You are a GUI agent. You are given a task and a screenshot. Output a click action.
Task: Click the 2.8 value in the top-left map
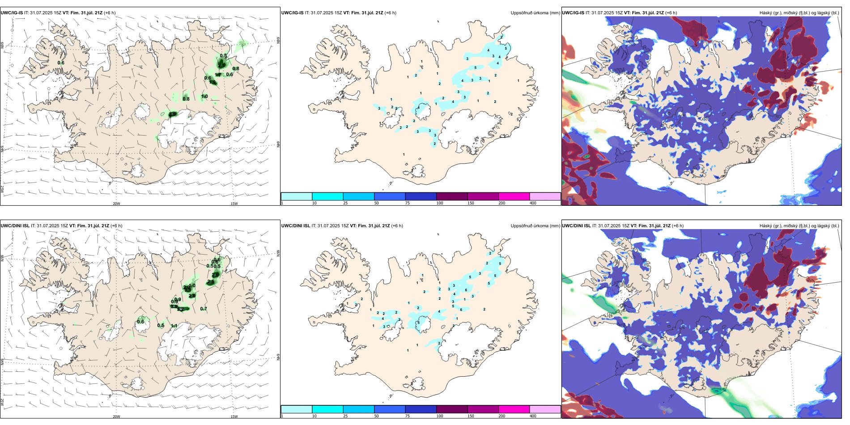[x=173, y=115]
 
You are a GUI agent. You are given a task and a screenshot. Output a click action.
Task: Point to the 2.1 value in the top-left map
[x=221, y=65]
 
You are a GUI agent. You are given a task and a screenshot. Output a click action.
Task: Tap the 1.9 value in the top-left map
[x=212, y=82]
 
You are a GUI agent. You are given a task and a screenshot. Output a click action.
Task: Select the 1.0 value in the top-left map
[x=204, y=97]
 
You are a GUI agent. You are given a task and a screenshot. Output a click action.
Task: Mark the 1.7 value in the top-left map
[x=218, y=75]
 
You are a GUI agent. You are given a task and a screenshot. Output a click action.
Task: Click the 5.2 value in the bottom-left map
[x=180, y=309]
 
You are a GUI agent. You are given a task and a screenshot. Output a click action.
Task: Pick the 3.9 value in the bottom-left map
[x=174, y=306]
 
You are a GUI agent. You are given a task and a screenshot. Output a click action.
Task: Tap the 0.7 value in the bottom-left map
[x=204, y=309]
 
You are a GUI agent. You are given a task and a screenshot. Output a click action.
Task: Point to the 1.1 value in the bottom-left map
[x=174, y=326]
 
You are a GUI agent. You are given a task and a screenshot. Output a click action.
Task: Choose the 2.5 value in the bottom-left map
[x=211, y=282]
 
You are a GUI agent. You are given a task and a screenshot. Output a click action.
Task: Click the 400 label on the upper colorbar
[x=533, y=203]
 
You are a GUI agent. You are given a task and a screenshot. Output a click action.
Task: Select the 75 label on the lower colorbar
[x=408, y=416]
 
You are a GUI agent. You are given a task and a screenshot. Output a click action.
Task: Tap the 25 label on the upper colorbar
[x=345, y=203]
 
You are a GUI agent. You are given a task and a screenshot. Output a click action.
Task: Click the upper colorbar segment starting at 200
[x=514, y=196]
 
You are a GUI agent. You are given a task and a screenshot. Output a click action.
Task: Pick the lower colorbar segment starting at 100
[x=452, y=409]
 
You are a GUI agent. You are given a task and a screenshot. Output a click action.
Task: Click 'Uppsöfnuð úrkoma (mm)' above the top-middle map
[x=535, y=13]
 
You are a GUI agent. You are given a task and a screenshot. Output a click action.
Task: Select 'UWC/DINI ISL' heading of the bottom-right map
[x=576, y=226]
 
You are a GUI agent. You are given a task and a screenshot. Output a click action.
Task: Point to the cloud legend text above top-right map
[x=799, y=13]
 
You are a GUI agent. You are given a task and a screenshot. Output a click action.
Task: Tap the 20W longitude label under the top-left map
[x=116, y=204]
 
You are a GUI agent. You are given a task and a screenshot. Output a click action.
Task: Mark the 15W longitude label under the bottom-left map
[x=234, y=416]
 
